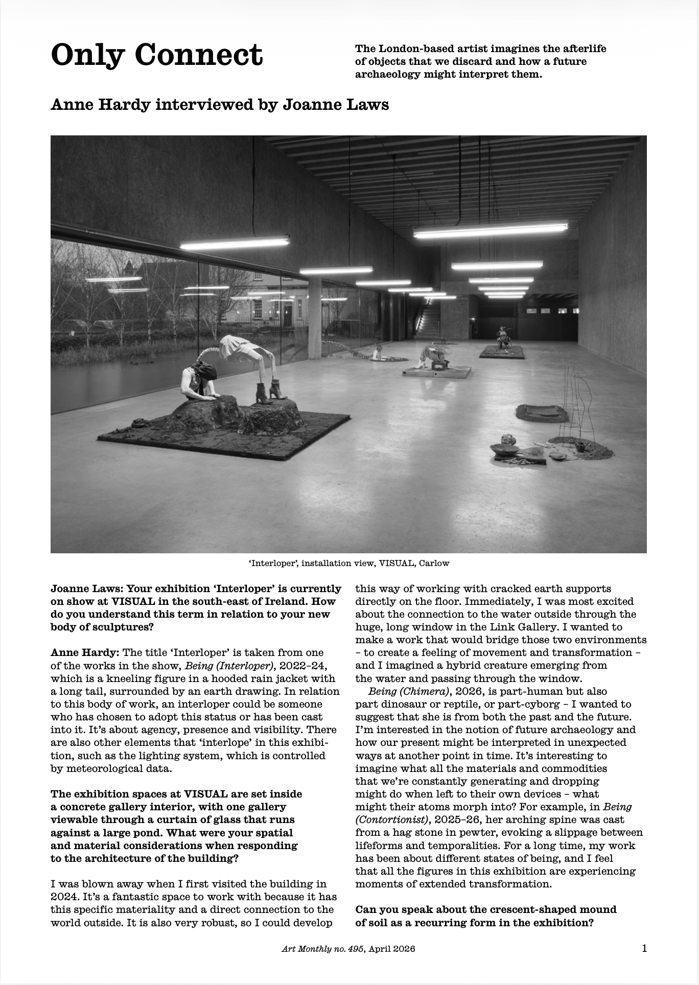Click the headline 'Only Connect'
156,55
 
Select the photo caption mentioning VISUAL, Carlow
348,564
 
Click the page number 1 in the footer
644,949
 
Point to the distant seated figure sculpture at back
503,338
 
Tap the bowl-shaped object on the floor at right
503,450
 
